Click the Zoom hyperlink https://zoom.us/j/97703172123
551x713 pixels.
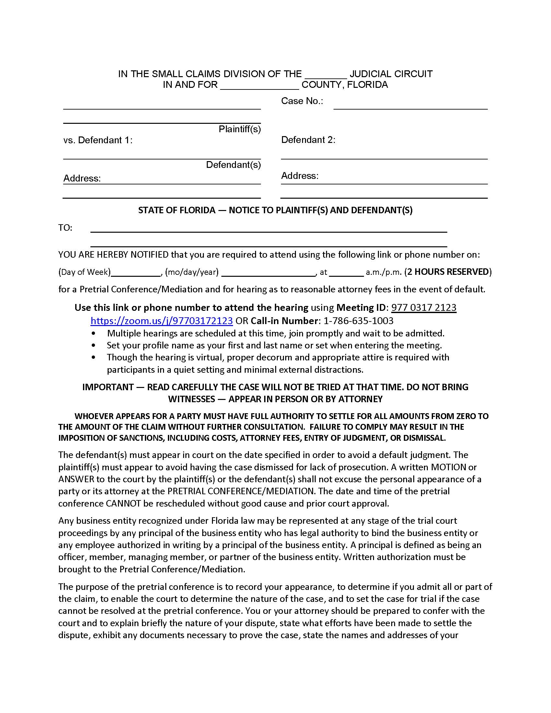pyautogui.click(x=162, y=321)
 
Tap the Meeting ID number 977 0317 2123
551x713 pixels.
pyautogui.click(x=423, y=307)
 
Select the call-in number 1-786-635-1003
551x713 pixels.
pyautogui.click(x=358, y=321)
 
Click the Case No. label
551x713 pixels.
pyautogui.click(x=302, y=101)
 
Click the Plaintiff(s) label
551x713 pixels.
pyautogui.click(x=240, y=129)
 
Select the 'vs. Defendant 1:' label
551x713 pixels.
pyautogui.click(x=98, y=140)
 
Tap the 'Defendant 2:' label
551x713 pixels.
pyautogui.click(x=308, y=140)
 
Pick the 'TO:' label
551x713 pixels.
pyautogui.click(x=65, y=228)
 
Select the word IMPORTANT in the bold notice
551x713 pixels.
pyautogui.click(x=108, y=387)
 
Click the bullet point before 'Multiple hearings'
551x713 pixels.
pyautogui.click(x=94, y=333)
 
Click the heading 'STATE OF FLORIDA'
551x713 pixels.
pyautogui.click(x=177, y=210)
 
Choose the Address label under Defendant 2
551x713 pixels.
pyautogui.click(x=300, y=176)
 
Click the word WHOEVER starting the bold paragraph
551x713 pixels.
pyautogui.click(x=93, y=416)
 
